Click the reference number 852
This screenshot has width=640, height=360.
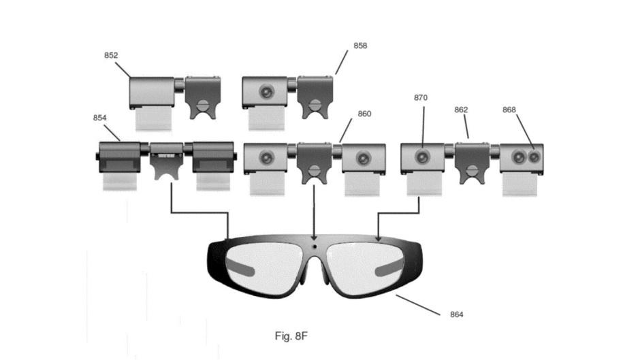click(111, 56)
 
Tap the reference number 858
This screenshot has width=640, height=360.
click(360, 46)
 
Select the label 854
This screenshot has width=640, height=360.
click(99, 118)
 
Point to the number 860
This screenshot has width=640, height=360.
click(364, 114)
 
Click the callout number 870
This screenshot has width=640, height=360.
click(421, 98)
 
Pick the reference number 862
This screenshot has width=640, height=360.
click(461, 110)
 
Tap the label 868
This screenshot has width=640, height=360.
click(509, 110)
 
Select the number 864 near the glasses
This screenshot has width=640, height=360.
click(457, 314)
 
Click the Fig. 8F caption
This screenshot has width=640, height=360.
click(291, 336)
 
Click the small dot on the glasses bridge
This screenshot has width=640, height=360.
click(315, 247)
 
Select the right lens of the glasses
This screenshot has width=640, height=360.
click(366, 267)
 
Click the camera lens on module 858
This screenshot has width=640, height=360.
click(266, 92)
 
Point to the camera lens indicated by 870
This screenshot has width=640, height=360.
click(422, 157)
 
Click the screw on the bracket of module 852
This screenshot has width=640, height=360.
click(203, 105)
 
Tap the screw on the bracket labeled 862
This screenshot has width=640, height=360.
click(473, 171)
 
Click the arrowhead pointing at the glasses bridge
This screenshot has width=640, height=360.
click(314, 237)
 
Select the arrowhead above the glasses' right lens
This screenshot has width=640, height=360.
click(379, 238)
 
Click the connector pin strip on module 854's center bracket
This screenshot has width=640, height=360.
click(166, 157)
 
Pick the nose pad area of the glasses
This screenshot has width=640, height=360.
click(315, 274)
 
